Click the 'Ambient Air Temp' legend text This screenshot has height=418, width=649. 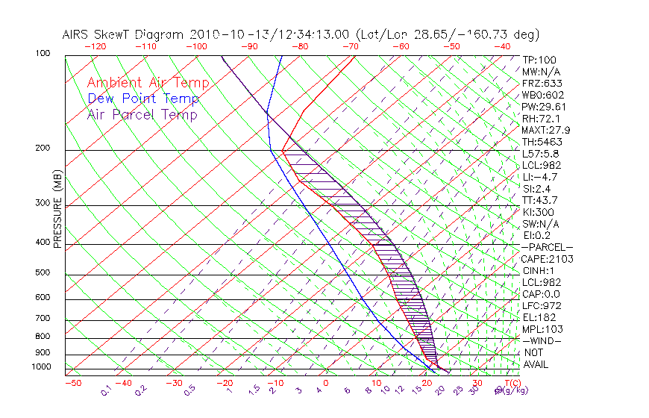coord(148,83)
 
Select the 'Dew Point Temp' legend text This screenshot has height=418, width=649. coord(143,99)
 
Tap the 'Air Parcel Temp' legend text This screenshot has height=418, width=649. coord(142,114)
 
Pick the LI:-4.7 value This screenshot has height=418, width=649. coord(539,177)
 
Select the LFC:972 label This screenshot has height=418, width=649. coord(542,306)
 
